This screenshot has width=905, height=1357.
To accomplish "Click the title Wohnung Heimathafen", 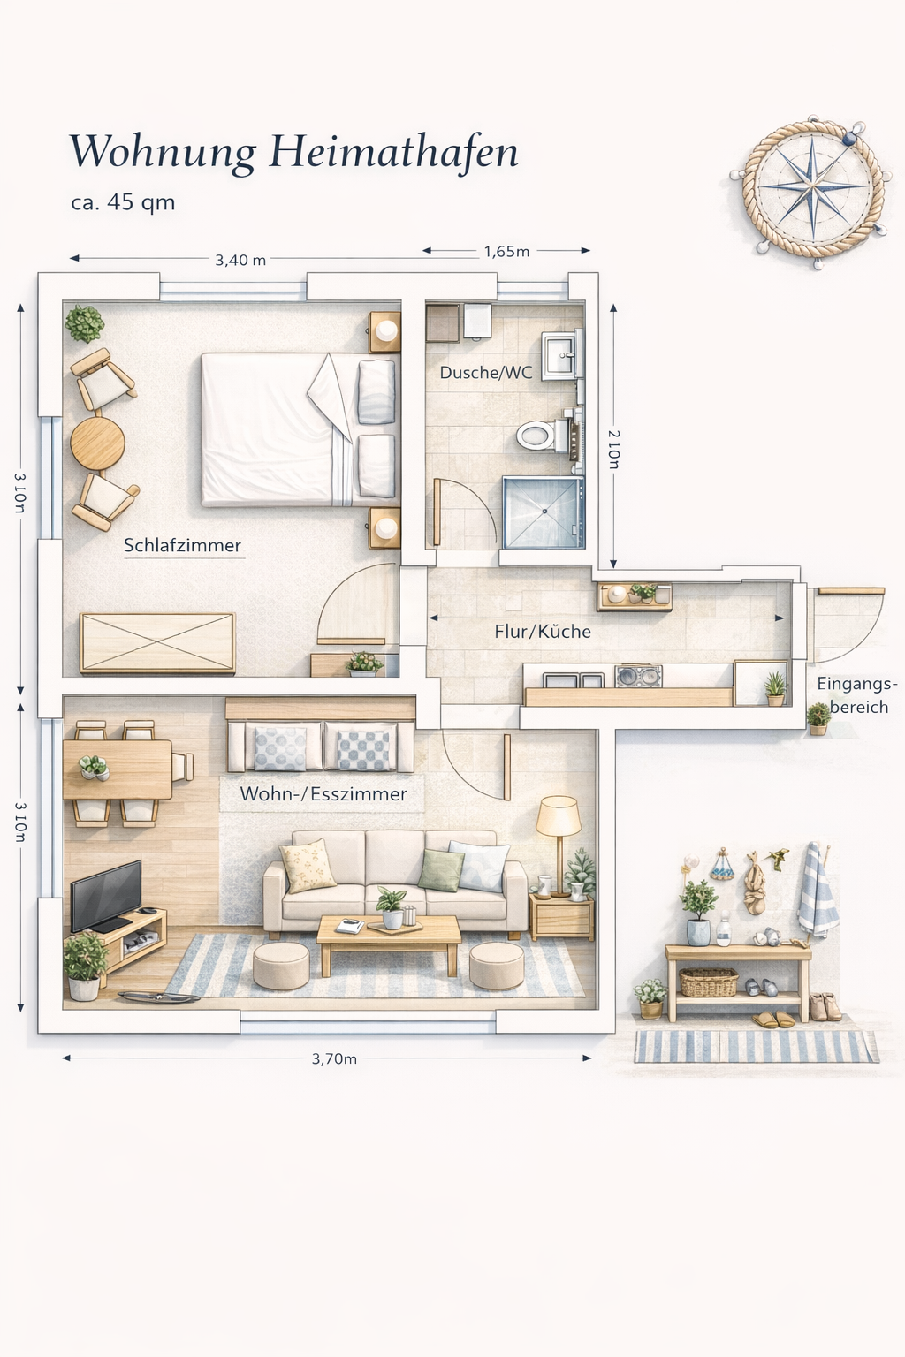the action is tap(294, 152).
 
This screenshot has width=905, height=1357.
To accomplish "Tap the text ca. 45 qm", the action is tap(123, 202).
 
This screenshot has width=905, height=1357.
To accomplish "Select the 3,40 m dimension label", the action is tap(240, 260).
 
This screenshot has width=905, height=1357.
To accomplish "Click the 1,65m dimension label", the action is tap(506, 252).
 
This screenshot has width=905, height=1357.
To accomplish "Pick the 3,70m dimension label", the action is tap(335, 1058).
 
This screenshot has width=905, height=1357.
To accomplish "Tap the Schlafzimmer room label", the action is tap(182, 545).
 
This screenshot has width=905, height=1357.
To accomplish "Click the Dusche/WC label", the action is tap(486, 372).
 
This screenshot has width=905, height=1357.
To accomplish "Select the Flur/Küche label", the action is tap(543, 632).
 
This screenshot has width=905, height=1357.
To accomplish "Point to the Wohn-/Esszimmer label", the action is tap(323, 793).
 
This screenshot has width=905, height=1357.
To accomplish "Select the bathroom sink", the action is tap(561, 355).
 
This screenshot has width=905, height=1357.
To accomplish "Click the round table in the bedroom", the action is tap(97, 443).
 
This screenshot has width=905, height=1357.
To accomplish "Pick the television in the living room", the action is tap(106, 895).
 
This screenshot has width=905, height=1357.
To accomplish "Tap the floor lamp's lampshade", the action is tap(559, 815).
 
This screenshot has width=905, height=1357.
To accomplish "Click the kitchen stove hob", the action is tap(638, 676).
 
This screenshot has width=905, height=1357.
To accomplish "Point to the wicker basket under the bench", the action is tap(709, 982).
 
